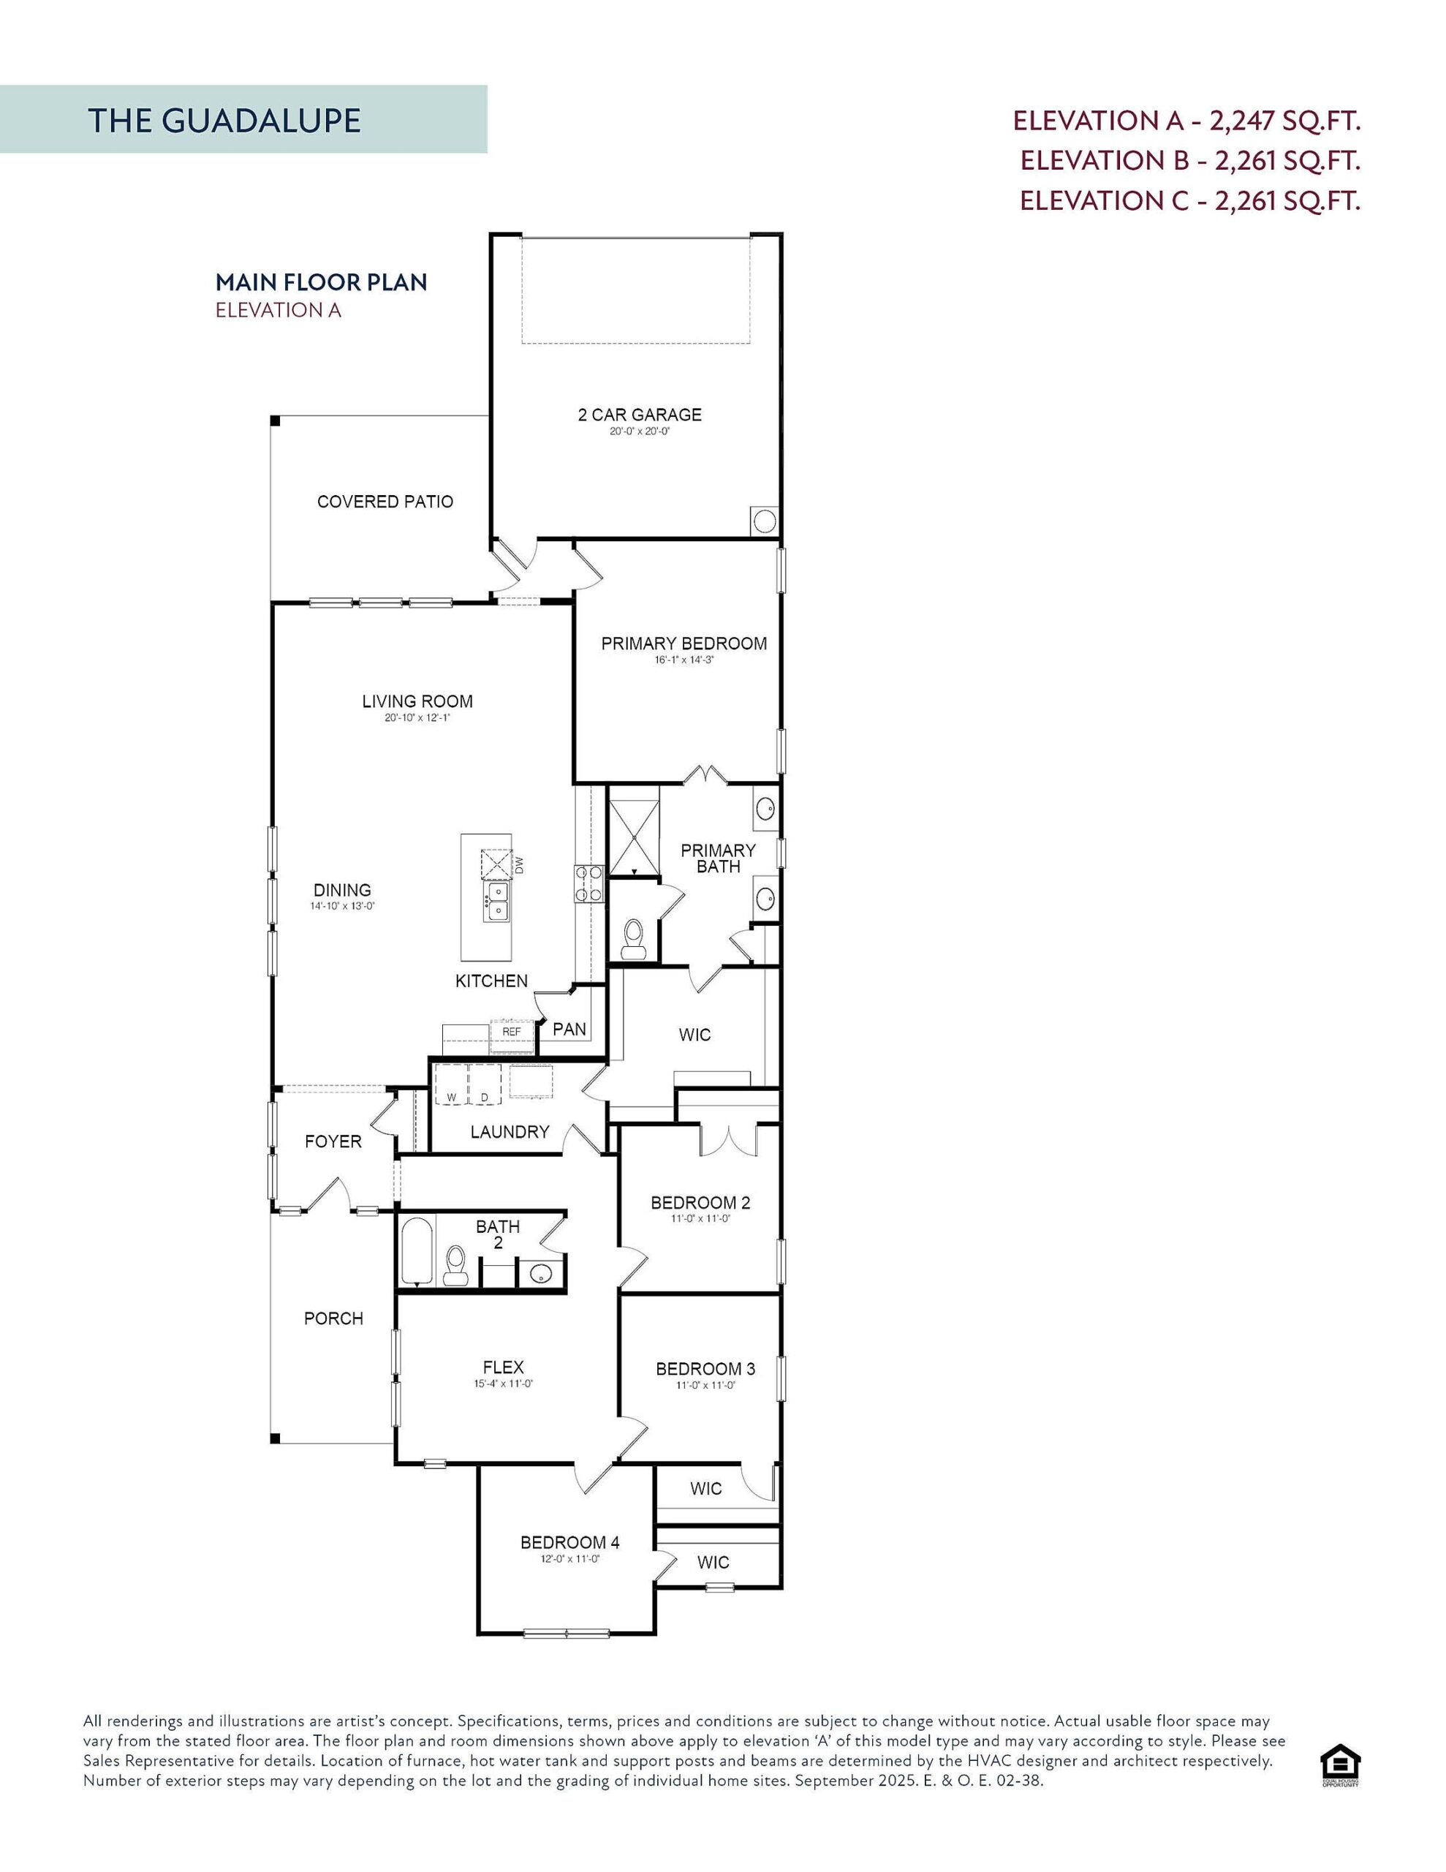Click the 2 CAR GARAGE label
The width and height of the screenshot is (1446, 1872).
coord(640,415)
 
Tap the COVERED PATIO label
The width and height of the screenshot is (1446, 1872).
coord(385,502)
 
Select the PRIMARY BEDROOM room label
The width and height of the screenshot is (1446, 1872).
coord(683,643)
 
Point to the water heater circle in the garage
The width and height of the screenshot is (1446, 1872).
coord(764,521)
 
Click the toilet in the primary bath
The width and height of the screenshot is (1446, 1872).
coord(633,937)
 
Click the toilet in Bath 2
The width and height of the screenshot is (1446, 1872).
coord(455,1264)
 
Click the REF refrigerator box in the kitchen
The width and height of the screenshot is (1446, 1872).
coord(511,1032)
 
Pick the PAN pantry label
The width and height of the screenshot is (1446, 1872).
coord(569,1029)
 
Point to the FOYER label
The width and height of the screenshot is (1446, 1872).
coord(333,1141)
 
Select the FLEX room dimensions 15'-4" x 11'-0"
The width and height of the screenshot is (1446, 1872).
coord(503,1384)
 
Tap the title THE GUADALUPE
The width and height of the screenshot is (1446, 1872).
coord(224,120)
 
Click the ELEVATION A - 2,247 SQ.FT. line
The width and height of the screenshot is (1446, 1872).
coord(1186,120)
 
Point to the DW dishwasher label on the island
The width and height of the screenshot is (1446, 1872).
coord(518,864)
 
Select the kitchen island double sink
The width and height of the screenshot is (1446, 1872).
coord(496,902)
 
